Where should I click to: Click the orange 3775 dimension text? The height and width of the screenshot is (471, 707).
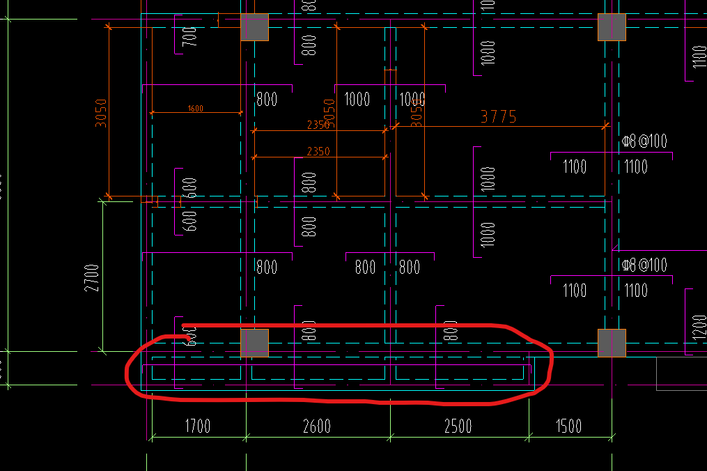(x=499, y=116)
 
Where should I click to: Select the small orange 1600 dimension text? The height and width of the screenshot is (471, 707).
(x=196, y=108)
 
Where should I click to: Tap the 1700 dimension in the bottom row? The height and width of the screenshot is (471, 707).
(x=197, y=426)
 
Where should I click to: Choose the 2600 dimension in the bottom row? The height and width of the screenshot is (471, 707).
(x=317, y=426)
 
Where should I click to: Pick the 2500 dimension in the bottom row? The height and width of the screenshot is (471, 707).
(x=458, y=426)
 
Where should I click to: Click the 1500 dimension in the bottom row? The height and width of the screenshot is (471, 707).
(x=568, y=426)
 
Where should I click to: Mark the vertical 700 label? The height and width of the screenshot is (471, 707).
(x=189, y=36)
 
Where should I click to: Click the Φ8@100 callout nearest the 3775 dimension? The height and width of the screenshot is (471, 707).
(x=644, y=141)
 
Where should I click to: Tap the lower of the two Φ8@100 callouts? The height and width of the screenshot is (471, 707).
(x=644, y=265)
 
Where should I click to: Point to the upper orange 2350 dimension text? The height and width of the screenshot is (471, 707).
(x=318, y=125)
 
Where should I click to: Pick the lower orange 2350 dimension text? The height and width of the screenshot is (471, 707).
(x=318, y=151)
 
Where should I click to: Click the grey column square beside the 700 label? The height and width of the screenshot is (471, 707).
(x=254, y=27)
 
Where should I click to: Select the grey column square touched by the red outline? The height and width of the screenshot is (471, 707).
(x=254, y=343)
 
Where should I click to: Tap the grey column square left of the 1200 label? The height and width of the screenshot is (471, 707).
(x=612, y=343)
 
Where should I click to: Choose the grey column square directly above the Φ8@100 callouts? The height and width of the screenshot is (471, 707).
(x=612, y=27)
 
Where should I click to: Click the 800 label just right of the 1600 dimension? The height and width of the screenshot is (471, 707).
(x=267, y=99)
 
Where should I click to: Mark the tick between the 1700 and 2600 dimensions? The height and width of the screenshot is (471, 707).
(x=247, y=438)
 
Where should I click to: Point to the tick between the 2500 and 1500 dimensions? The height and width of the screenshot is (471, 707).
(x=529, y=438)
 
